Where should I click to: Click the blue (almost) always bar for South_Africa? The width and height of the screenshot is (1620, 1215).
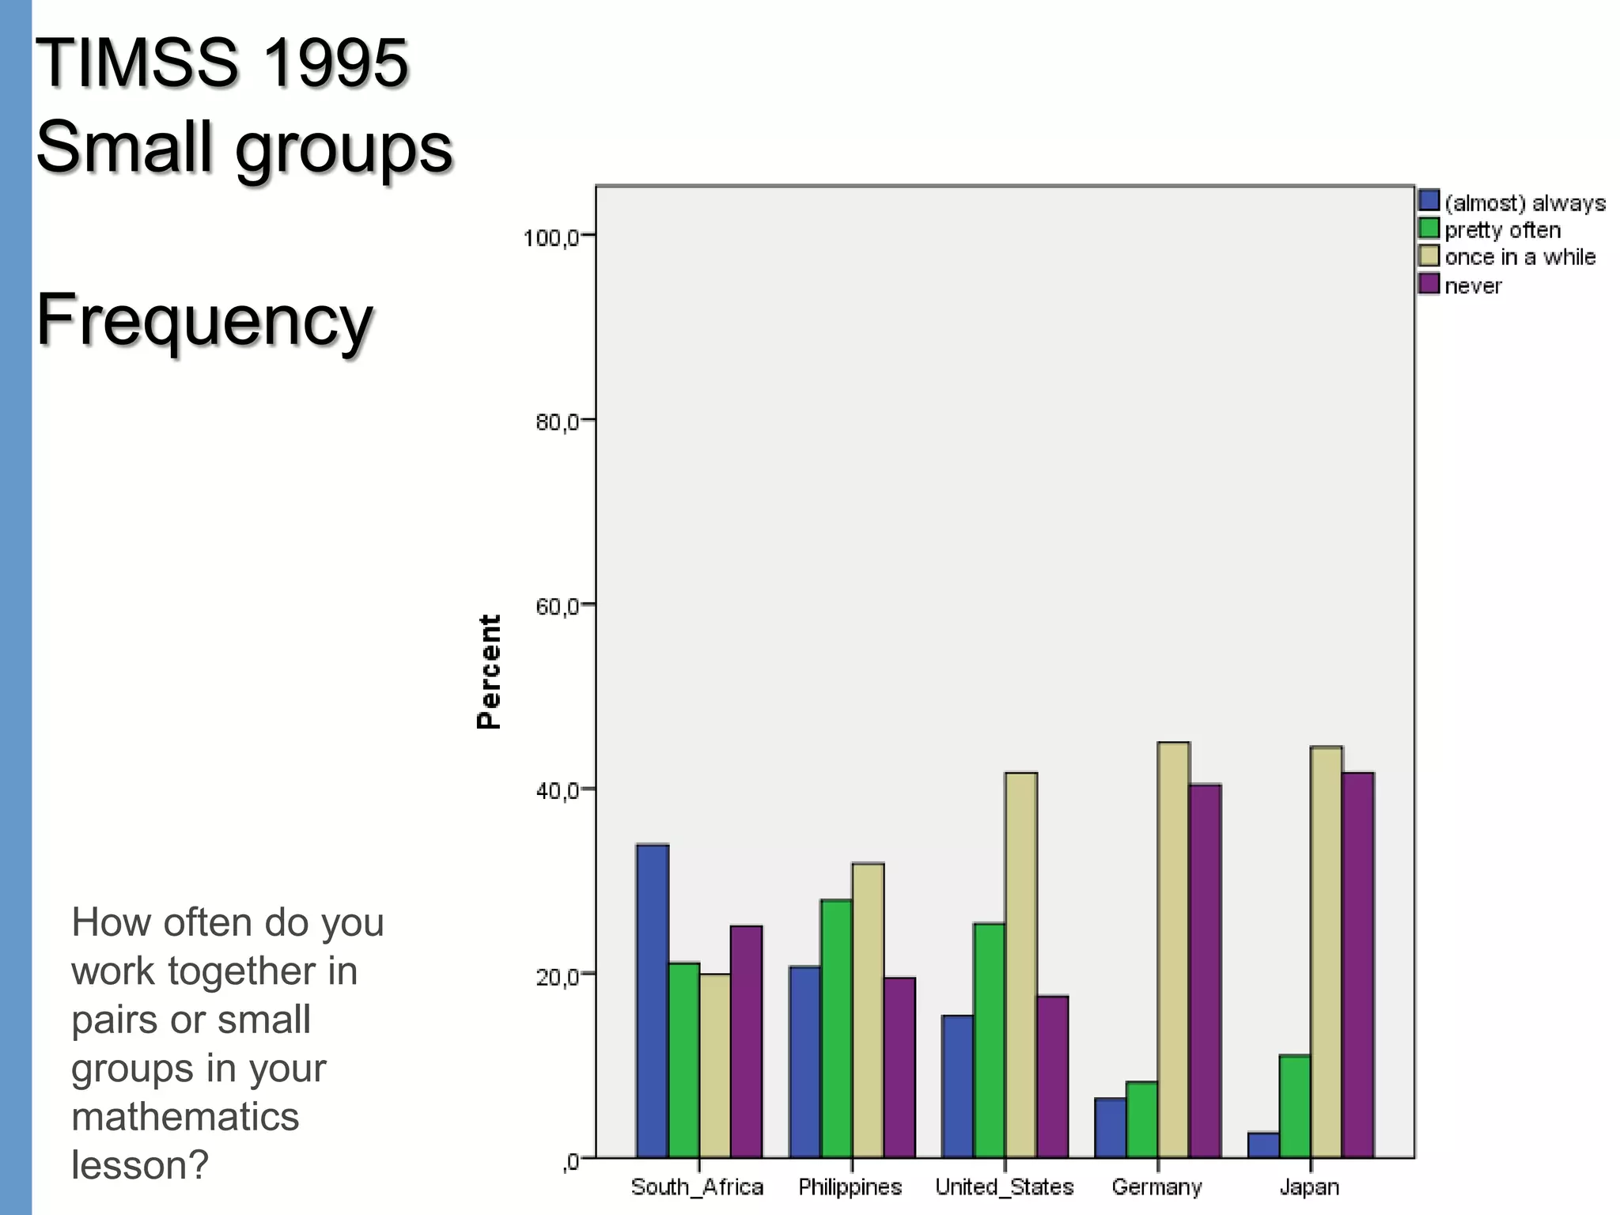653,1001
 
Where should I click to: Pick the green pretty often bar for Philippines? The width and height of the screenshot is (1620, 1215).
836,1028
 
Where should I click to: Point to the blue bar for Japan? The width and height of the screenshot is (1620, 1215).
1263,1145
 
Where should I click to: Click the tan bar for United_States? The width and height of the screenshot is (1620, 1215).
1020,965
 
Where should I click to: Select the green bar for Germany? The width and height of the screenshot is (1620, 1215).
1141,1119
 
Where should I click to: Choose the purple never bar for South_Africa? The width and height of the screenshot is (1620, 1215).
746,1041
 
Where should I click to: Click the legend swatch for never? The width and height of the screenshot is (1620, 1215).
1429,284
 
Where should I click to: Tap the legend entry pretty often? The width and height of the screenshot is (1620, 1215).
1502,230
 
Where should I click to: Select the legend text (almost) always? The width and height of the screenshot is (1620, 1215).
1524,203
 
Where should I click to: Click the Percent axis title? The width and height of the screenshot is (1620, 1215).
490,672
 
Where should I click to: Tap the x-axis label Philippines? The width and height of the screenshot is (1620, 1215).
850,1187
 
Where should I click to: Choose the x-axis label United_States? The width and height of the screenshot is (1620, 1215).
1004,1187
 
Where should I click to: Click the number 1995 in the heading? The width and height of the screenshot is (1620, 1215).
335,63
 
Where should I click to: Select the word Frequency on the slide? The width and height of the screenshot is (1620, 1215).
204,320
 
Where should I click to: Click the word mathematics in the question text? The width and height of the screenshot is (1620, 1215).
185,1117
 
